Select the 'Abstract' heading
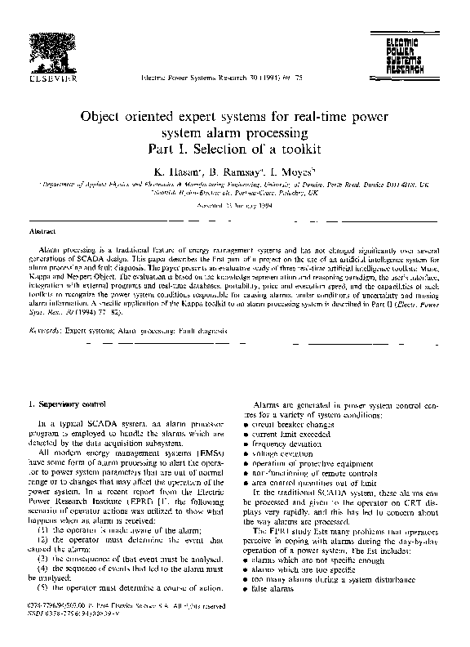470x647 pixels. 42,232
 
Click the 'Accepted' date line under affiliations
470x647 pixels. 235,203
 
